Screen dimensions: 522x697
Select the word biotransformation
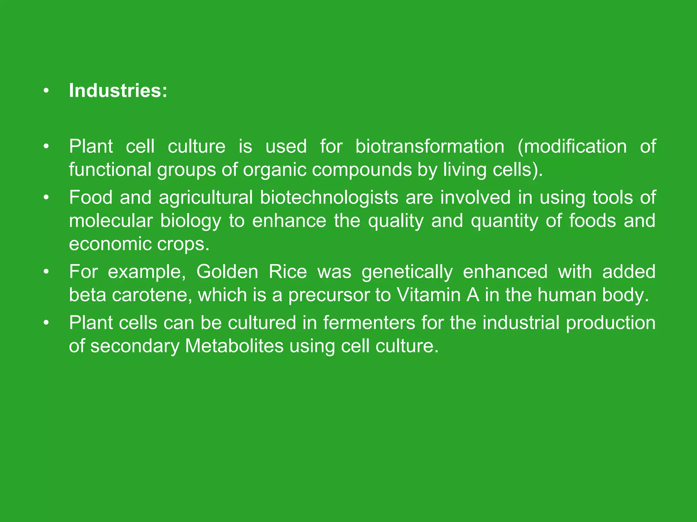(430, 147)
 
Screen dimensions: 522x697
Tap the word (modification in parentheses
(572, 147)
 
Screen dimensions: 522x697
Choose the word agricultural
(206, 198)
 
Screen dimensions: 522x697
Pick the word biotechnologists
(329, 198)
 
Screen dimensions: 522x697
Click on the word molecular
(111, 221)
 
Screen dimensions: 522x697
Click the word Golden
(227, 272)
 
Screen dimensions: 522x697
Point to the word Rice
(288, 272)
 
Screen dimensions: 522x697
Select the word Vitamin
(428, 295)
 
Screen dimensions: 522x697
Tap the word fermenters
(369, 323)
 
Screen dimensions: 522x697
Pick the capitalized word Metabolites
(234, 346)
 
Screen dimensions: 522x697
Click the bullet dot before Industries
(46, 91)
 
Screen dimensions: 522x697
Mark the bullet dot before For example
(46, 272)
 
